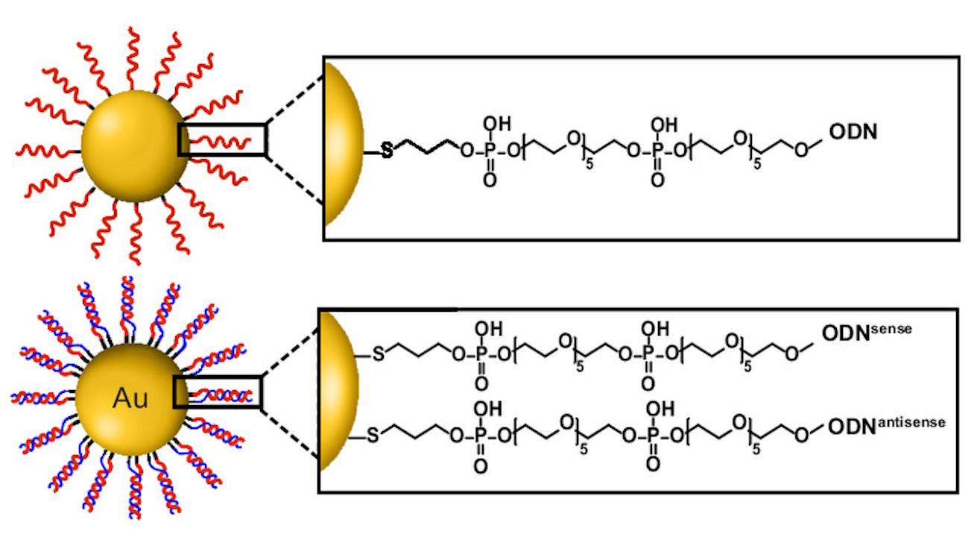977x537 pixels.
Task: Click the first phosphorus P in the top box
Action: tap(489, 151)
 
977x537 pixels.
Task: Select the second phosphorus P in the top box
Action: tap(657, 151)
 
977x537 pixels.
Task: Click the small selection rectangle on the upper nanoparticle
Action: tap(222, 139)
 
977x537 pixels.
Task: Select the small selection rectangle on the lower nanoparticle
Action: tap(217, 392)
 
